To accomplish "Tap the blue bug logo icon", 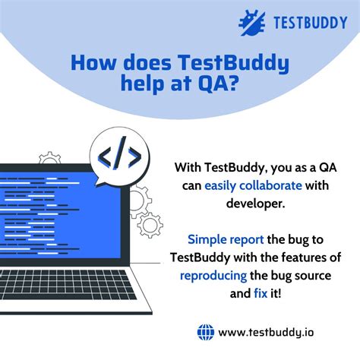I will (x=251, y=22).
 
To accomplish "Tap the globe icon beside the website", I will (x=206, y=332).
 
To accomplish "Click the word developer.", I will (x=256, y=203).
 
